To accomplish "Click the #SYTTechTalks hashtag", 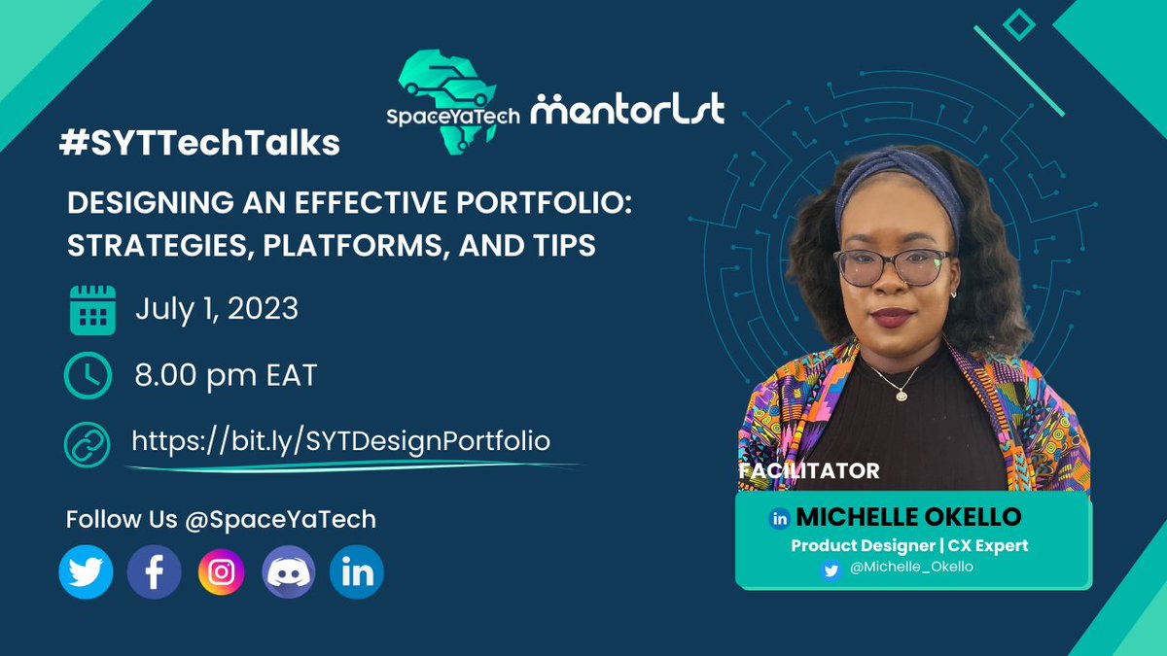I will (x=198, y=143).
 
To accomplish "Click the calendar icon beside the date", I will (x=92, y=310).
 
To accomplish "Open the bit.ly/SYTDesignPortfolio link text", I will (x=341, y=440).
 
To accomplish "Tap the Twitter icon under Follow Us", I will (x=86, y=571).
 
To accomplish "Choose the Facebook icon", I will (x=154, y=571).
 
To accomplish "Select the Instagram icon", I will (x=222, y=571).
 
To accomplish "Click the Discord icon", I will (x=289, y=571).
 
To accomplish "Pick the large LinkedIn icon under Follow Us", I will (x=357, y=571).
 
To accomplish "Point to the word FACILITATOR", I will (x=809, y=471).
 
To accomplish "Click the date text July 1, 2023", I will (x=216, y=309).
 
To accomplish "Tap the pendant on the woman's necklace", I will (x=902, y=395).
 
